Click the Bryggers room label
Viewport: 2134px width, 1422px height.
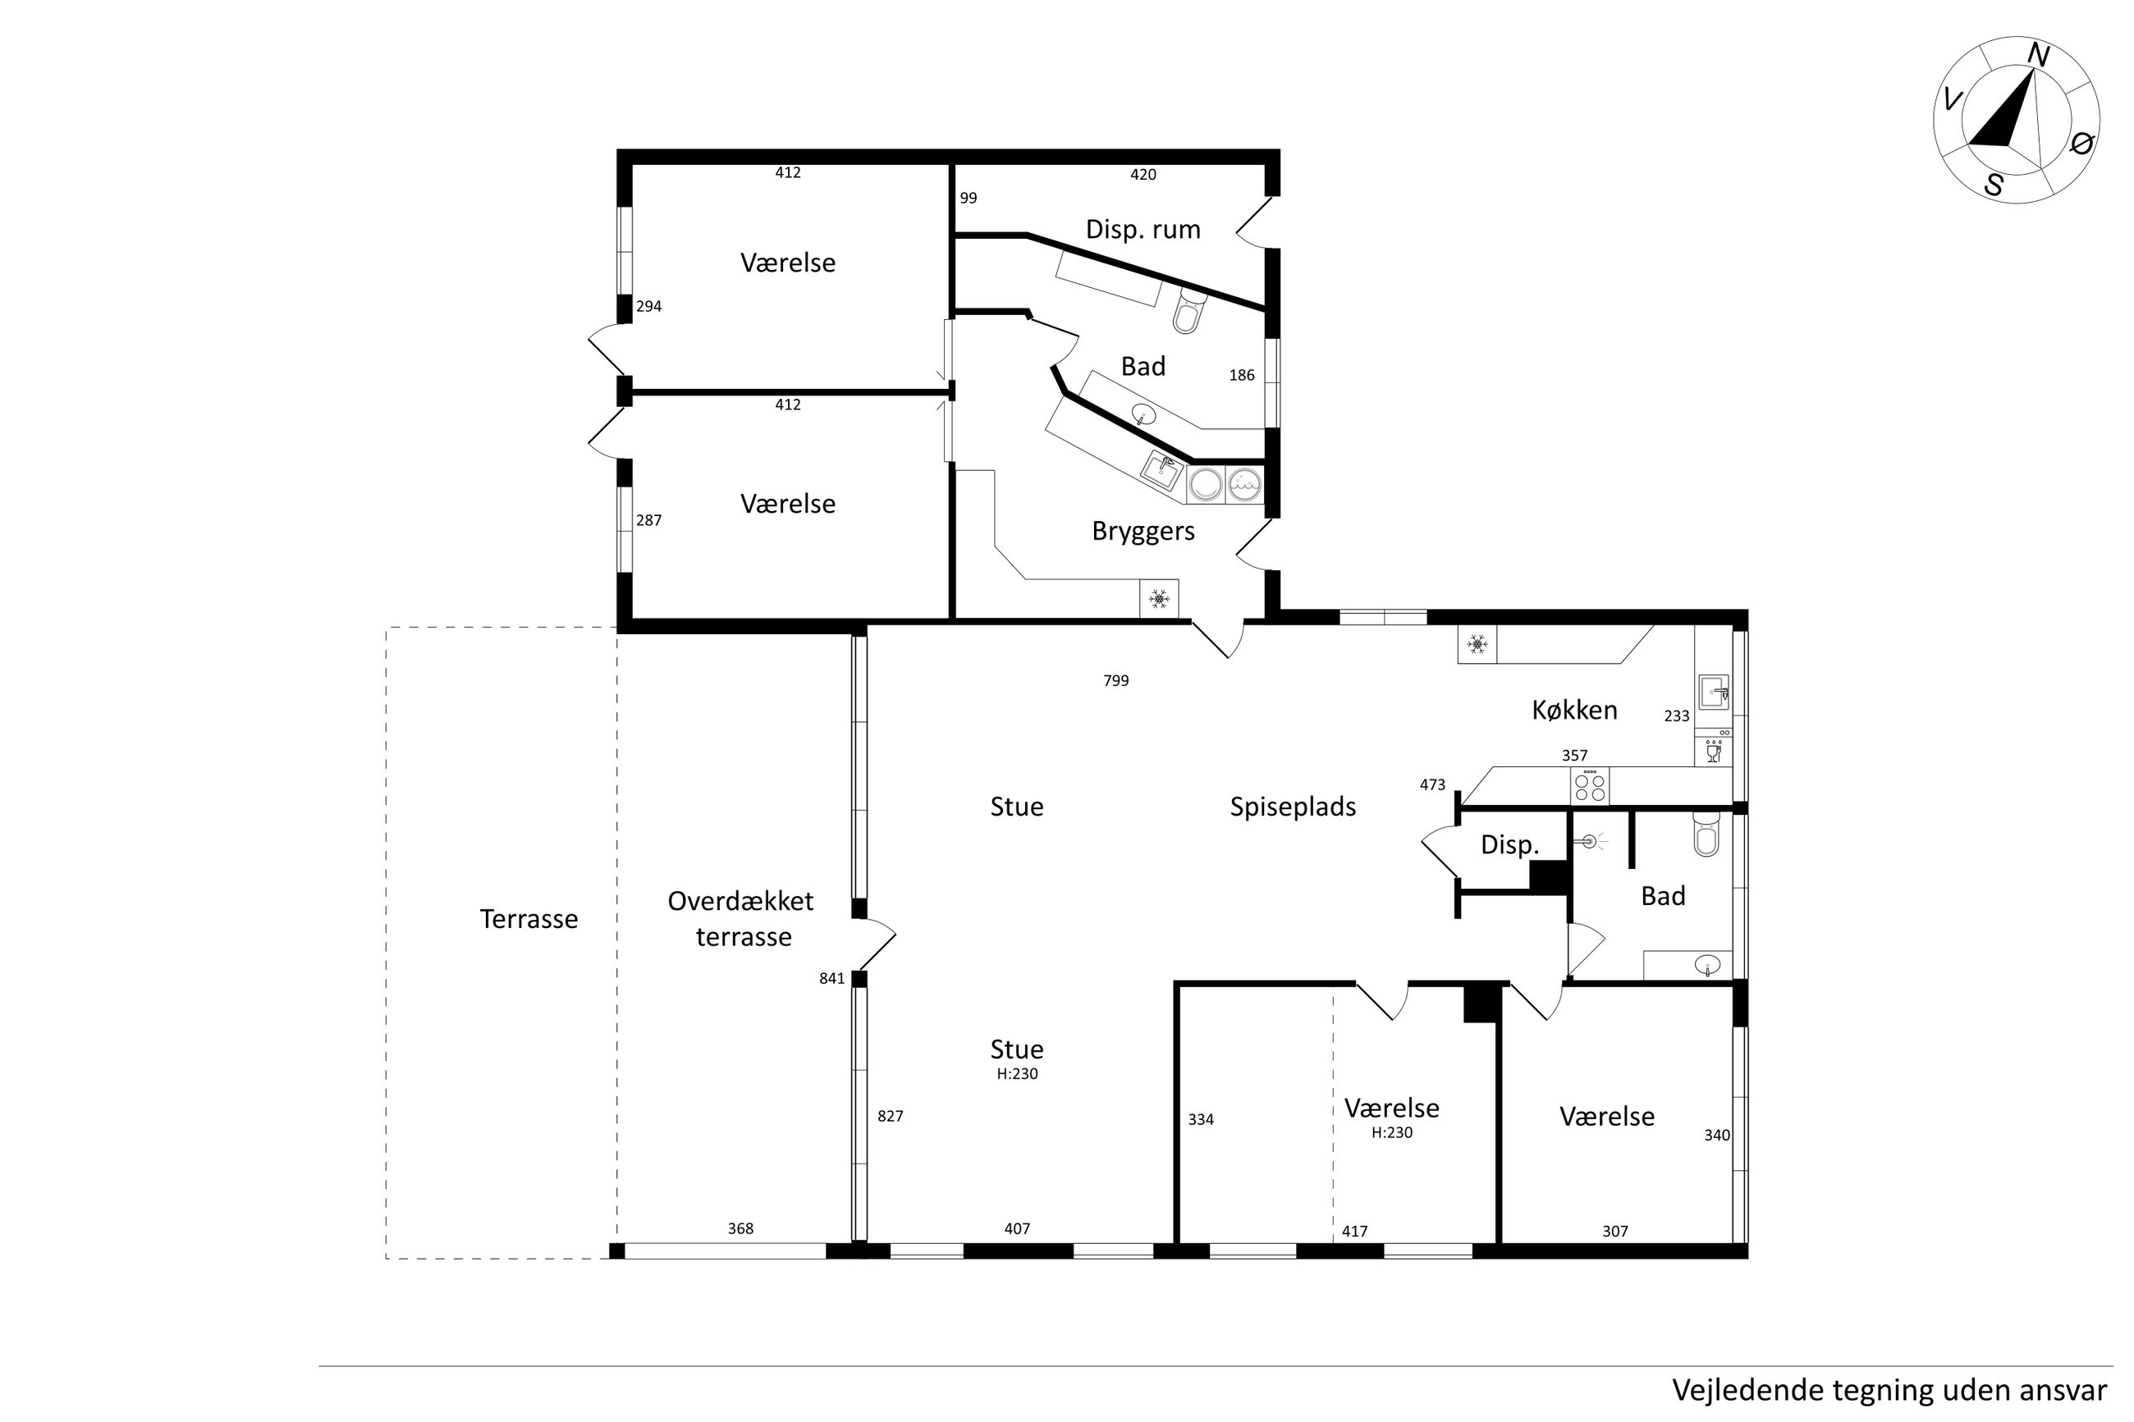[1143, 532]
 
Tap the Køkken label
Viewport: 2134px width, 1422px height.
[1574, 710]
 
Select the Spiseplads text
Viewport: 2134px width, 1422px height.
[1293, 807]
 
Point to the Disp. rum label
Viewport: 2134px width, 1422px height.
[1143, 230]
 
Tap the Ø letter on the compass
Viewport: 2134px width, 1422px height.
[2081, 144]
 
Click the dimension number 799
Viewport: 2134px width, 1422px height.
[1115, 681]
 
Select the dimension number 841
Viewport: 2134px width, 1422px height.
[831, 979]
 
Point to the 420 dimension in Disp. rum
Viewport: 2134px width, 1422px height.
[1143, 175]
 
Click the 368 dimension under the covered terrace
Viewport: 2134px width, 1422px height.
[740, 1229]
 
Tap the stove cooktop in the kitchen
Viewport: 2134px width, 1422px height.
[1590, 785]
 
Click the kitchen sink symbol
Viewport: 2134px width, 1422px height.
[1713, 692]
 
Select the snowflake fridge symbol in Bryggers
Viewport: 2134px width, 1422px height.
[1159, 598]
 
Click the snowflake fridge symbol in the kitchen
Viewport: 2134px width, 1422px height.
[1477, 645]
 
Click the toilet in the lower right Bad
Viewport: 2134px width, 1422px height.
[1706, 834]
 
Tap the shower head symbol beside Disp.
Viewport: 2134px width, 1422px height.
[1588, 843]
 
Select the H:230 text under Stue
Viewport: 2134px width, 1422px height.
[1017, 1074]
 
